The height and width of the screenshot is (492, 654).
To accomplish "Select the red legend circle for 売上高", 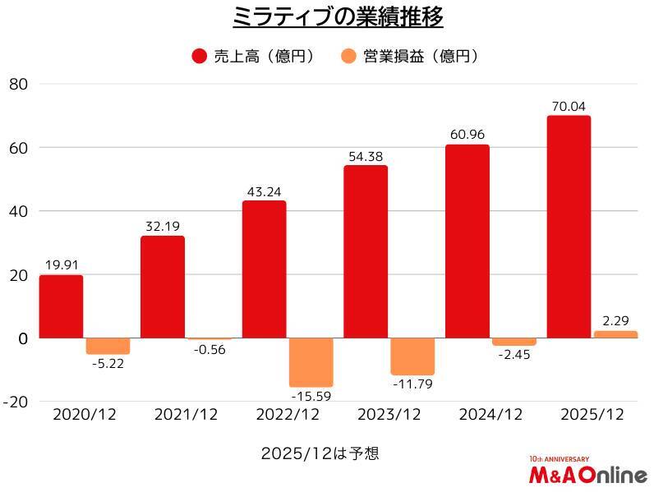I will [x=198, y=56].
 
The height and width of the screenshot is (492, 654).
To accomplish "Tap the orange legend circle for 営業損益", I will [x=348, y=56].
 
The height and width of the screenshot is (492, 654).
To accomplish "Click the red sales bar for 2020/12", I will [x=61, y=306].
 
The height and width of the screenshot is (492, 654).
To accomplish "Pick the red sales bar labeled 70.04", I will [x=569, y=227].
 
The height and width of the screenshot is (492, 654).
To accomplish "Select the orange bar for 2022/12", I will [x=311, y=362].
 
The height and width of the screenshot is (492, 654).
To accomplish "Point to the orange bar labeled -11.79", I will [x=412, y=356].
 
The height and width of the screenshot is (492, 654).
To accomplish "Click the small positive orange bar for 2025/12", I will [x=615, y=334].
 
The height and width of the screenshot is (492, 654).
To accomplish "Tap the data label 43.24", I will [x=264, y=192].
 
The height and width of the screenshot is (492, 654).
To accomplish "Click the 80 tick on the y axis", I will [x=19, y=84].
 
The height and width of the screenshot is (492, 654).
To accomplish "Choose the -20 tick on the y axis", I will [x=16, y=402].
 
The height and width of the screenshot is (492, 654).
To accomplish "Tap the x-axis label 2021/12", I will [x=187, y=415].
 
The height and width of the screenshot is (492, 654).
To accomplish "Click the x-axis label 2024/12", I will [x=491, y=415].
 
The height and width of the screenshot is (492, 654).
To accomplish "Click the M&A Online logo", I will [x=587, y=472].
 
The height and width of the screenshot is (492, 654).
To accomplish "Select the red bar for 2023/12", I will [x=366, y=251].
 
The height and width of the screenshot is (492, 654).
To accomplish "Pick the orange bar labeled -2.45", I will [x=514, y=342].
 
